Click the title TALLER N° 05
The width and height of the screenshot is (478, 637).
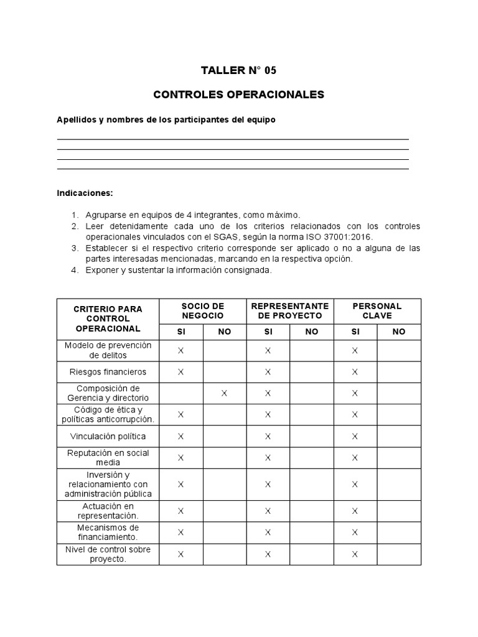pyautogui.click(x=238, y=70)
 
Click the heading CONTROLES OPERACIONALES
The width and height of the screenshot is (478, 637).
pyautogui.click(x=238, y=95)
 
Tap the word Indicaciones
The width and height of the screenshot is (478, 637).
pyautogui.click(x=85, y=193)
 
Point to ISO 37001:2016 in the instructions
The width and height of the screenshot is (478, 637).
pyautogui.click(x=345, y=237)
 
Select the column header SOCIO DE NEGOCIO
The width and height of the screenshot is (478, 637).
pyautogui.click(x=202, y=311)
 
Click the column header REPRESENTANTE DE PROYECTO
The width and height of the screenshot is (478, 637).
pyautogui.click(x=289, y=311)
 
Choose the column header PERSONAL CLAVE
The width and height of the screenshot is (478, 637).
pyautogui.click(x=377, y=311)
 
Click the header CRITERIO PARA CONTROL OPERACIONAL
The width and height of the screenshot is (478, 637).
pyautogui.click(x=108, y=318)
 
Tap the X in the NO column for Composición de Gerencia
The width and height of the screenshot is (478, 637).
pyautogui.click(x=224, y=393)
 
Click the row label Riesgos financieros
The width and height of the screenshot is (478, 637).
pyautogui.click(x=108, y=372)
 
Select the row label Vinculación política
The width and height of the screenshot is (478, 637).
pyautogui.click(x=108, y=436)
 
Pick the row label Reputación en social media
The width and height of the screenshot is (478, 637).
pyautogui.click(x=108, y=457)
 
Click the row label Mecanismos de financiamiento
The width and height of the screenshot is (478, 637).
pyautogui.click(x=108, y=532)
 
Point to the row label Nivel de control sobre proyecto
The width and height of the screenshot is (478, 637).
pyautogui.click(x=108, y=554)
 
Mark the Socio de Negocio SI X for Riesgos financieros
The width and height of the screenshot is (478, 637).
pyautogui.click(x=181, y=372)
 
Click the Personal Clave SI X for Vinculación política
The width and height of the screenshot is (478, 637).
pyautogui.click(x=355, y=436)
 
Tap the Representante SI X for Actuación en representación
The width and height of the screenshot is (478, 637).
pyautogui.click(x=268, y=511)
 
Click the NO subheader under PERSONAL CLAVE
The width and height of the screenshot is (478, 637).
pyautogui.click(x=398, y=332)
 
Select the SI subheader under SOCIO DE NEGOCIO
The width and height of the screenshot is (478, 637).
pyautogui.click(x=181, y=332)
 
